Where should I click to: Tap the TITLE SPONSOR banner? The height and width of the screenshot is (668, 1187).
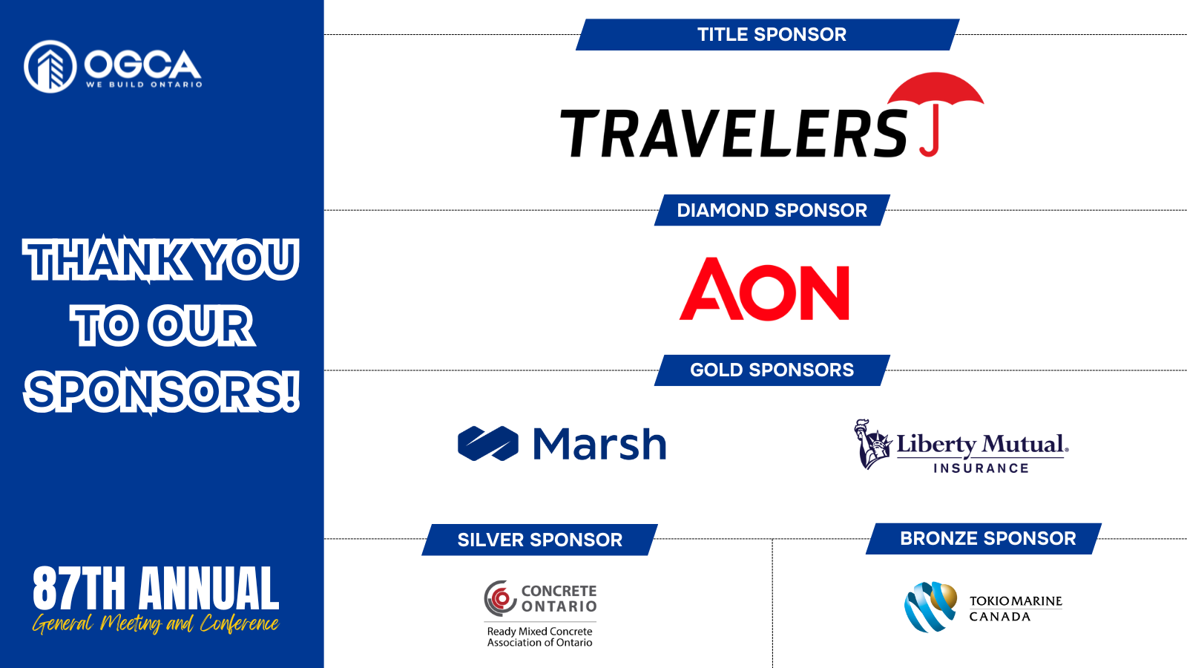768,34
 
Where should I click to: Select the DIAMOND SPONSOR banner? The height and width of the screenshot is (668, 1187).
772,210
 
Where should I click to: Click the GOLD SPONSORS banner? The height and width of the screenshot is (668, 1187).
772,370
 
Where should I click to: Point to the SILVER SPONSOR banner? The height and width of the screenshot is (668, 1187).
539,540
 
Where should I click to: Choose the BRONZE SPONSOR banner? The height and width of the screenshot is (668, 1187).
984,539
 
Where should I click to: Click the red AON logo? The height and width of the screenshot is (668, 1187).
764,289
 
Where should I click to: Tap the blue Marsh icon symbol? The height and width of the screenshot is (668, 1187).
488,443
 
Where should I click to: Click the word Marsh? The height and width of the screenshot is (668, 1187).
599,443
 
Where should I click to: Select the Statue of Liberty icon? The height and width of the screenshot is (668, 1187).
872,445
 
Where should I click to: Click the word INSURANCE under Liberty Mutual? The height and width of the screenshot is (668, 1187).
981,468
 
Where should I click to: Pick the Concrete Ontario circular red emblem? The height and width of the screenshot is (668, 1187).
500,598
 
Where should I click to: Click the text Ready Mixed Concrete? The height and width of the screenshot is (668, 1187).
539,632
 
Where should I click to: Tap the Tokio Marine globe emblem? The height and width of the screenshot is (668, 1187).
930,607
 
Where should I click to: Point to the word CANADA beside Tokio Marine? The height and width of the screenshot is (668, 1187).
1000,617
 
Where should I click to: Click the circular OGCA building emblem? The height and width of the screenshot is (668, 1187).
50,66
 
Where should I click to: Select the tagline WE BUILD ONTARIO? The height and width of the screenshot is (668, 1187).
144,85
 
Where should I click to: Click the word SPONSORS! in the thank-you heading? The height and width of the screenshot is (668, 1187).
162,391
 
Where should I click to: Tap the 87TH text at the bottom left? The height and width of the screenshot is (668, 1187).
79,588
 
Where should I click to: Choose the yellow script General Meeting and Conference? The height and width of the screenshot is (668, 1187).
156,623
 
